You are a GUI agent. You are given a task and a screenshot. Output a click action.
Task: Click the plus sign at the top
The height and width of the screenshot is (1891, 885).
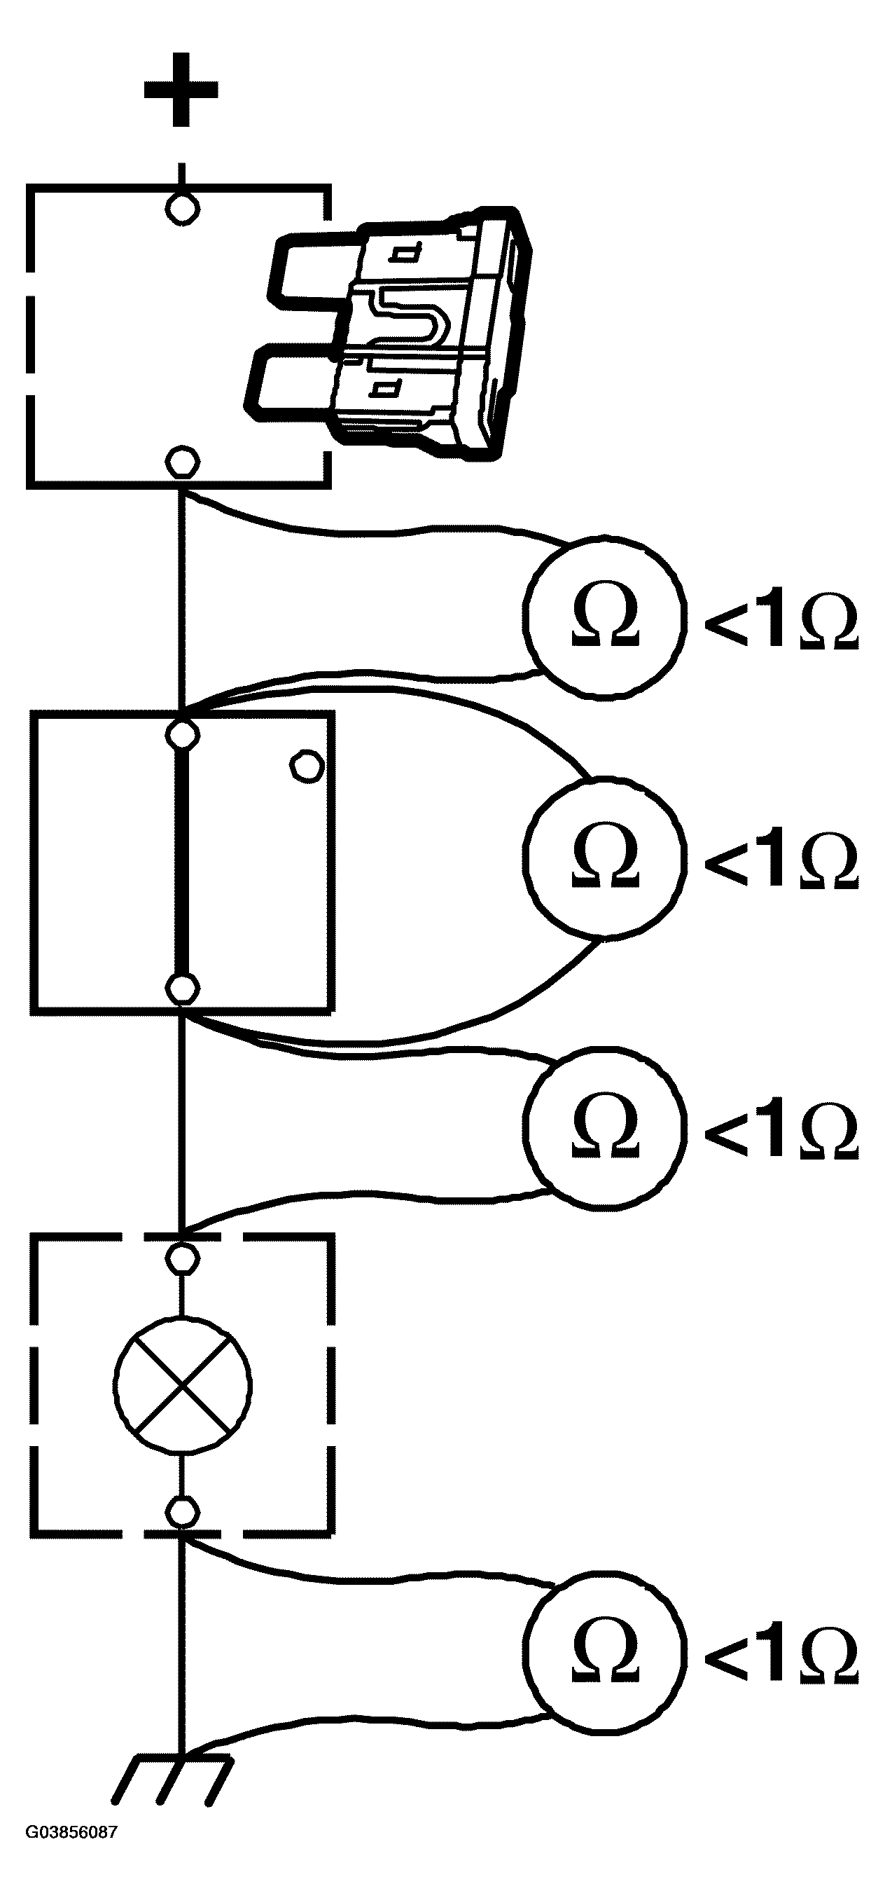(181, 90)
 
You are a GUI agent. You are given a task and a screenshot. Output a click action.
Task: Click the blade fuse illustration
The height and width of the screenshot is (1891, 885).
(393, 334)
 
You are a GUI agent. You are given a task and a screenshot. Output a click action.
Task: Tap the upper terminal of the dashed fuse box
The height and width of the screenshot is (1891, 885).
(181, 209)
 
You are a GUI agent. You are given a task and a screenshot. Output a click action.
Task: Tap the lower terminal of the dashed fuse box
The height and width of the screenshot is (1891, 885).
(181, 462)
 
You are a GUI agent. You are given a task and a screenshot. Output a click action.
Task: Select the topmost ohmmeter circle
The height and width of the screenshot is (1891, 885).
(605, 615)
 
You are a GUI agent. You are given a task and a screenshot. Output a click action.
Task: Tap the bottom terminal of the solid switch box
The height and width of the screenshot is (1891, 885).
(182, 988)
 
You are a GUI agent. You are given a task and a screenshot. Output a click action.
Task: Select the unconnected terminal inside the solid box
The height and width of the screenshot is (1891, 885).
(306, 766)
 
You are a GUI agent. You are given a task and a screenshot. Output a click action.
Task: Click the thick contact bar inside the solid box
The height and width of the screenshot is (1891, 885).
(182, 860)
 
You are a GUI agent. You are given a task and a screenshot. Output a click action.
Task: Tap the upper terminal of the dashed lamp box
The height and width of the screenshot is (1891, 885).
(181, 1258)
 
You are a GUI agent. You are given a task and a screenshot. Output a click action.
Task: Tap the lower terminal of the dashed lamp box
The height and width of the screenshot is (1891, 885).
(181, 1512)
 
